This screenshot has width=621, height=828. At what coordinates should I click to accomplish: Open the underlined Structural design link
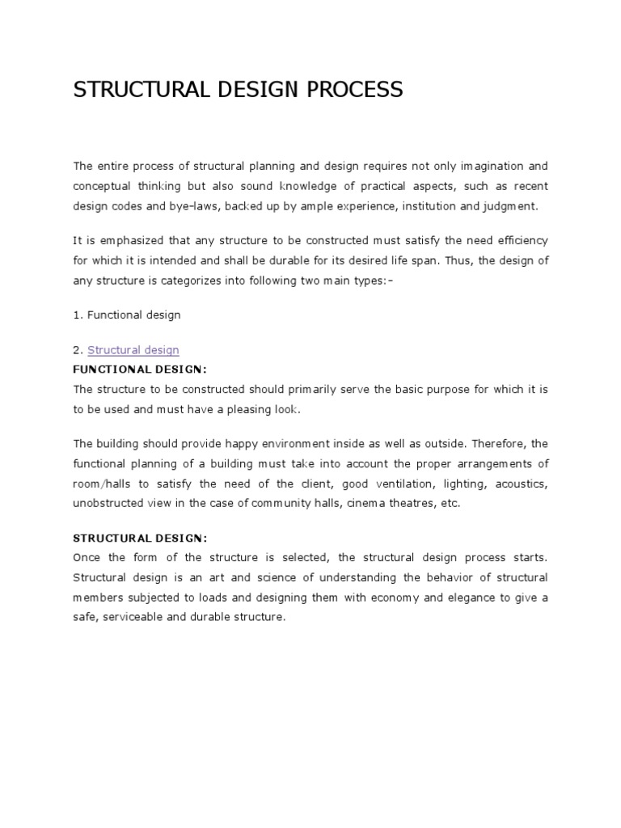[133, 350]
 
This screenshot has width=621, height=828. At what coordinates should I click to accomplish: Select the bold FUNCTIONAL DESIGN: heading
[140, 370]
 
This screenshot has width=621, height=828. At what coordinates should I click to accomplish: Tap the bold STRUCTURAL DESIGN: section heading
[140, 539]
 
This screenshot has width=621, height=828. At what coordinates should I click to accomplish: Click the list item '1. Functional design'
[127, 315]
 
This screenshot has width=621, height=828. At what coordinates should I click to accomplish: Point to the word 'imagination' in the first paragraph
[492, 167]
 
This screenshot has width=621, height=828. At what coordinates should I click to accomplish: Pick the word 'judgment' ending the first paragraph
[509, 206]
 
